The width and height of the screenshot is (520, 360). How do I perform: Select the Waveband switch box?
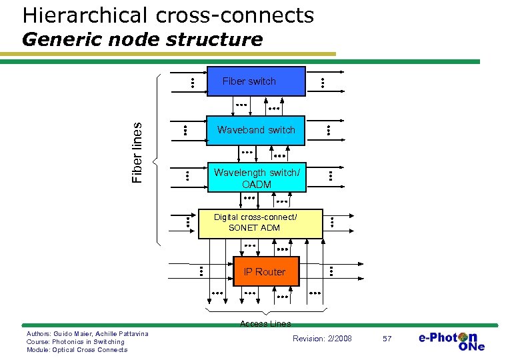click(256, 130)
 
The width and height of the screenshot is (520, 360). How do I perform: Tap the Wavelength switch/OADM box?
click(257, 178)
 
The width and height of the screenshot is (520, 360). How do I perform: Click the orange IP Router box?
click(265, 271)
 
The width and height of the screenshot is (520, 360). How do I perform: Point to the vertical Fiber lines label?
click(138, 153)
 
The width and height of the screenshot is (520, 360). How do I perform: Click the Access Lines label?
click(265, 323)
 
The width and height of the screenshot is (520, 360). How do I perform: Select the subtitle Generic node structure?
click(142, 39)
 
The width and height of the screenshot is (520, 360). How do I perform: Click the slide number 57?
click(387, 339)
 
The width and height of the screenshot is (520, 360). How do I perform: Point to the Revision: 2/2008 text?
click(322, 339)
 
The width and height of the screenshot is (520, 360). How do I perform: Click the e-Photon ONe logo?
click(451, 341)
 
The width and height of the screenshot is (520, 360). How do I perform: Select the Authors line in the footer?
click(87, 333)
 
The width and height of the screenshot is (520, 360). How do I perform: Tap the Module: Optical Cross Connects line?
click(77, 349)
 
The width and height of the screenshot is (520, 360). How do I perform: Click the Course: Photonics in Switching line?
click(75, 341)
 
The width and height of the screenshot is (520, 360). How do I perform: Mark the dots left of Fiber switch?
click(191, 83)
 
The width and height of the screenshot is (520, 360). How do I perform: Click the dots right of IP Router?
click(331, 271)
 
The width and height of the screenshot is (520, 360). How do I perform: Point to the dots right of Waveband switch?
click(329, 131)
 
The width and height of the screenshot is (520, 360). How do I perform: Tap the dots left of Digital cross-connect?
click(188, 223)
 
